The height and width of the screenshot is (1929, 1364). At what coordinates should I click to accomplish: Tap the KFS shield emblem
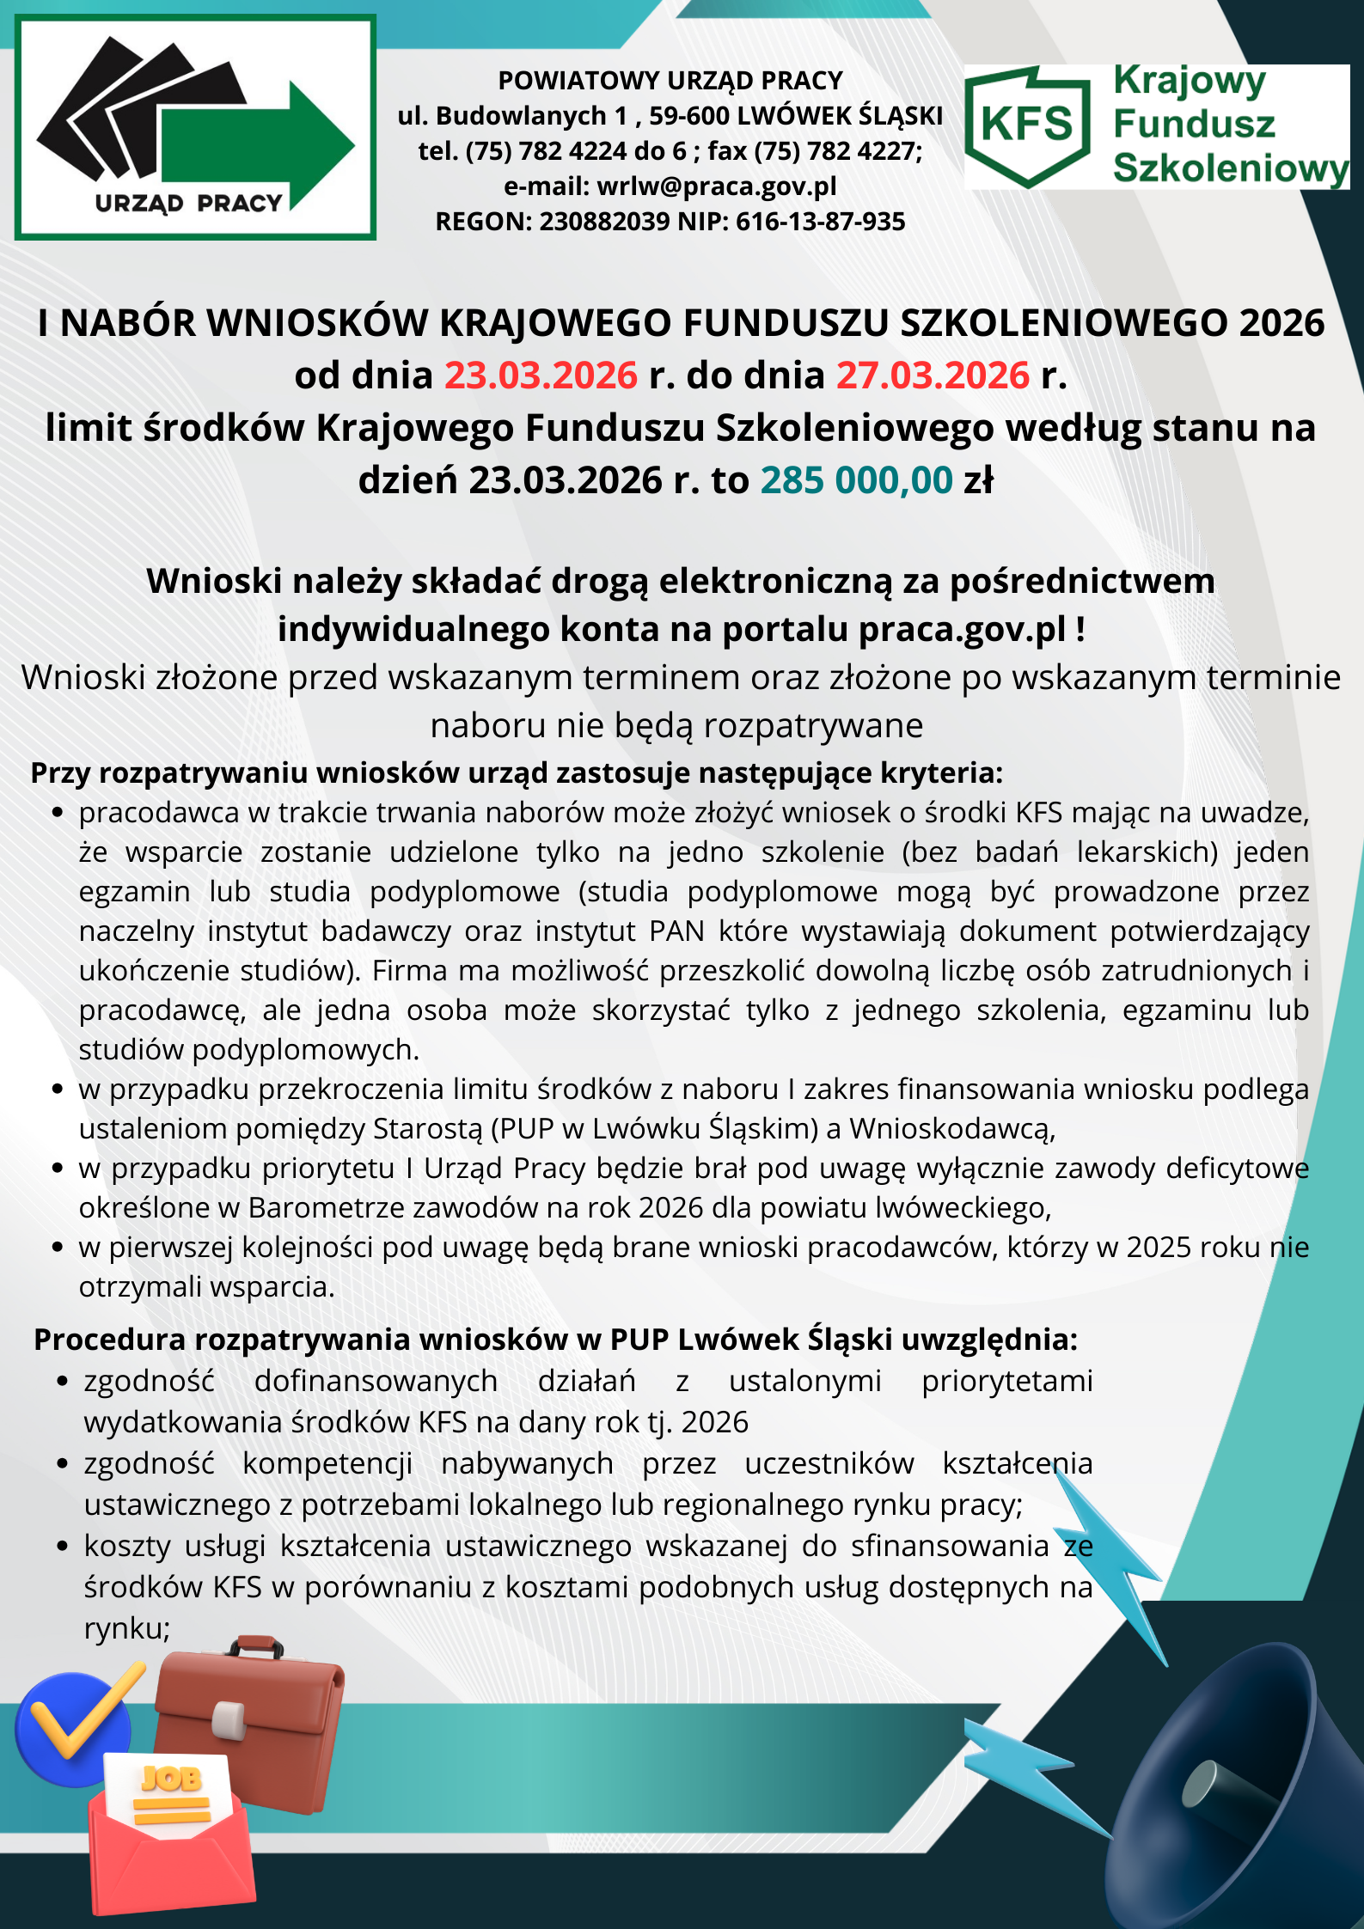coord(1028,125)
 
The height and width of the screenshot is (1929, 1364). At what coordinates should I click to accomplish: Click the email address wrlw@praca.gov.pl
coord(716,186)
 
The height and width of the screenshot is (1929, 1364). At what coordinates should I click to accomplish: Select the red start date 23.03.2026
coord(541,375)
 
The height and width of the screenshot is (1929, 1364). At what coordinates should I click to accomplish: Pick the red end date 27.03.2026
coord(933,375)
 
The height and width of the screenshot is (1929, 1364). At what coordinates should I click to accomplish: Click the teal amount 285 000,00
coord(856,480)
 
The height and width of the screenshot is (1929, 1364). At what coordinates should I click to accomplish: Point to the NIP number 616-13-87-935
coord(820,222)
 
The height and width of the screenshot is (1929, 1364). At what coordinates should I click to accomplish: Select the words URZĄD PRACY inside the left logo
coord(188,204)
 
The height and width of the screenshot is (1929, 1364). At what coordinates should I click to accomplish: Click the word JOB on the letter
coord(172,1779)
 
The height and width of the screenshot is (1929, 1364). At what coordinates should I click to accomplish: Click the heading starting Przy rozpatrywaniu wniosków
coord(516,773)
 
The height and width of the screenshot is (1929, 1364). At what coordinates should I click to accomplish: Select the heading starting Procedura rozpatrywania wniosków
coord(554,1340)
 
